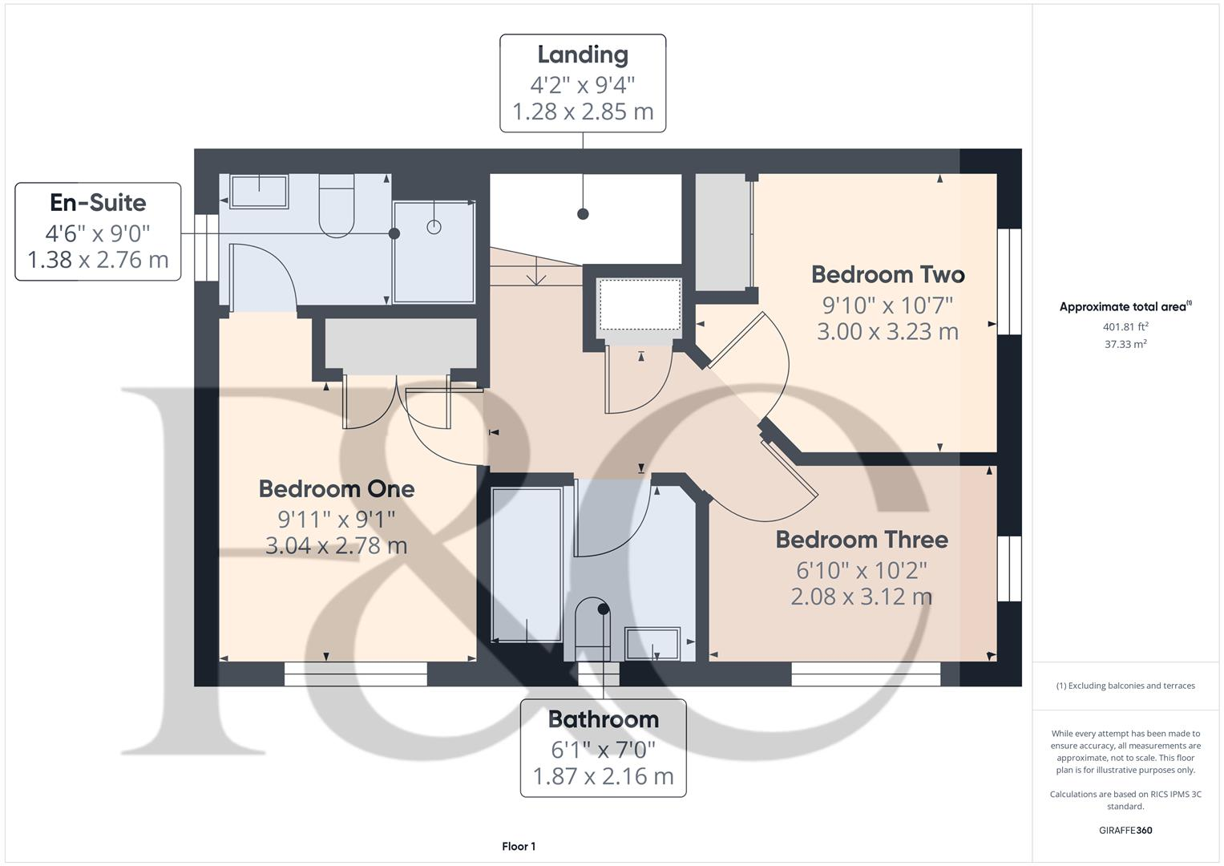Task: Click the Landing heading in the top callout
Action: point(582,55)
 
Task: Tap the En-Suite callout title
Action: point(98,203)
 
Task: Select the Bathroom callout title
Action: point(603,719)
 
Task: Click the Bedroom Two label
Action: point(887,274)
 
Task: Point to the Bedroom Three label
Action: point(861,540)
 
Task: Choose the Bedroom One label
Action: point(336,488)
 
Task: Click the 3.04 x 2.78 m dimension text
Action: point(336,546)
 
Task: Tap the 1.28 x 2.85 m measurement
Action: point(582,111)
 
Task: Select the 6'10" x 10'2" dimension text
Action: point(861,570)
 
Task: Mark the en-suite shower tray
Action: point(434,252)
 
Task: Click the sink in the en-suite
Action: point(259,192)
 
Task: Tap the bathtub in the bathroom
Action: point(526,564)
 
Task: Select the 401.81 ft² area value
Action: point(1125,326)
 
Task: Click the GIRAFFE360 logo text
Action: point(1125,830)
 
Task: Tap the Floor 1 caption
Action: point(518,846)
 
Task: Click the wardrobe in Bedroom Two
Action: point(721,233)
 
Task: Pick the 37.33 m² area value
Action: point(1125,344)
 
